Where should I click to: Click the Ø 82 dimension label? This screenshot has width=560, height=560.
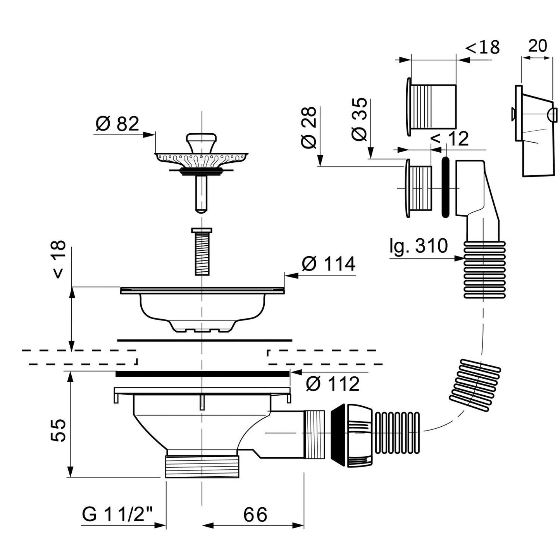pos(117,124)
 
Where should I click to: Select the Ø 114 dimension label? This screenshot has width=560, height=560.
pos(328,264)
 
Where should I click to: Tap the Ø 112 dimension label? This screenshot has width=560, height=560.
pos(332,384)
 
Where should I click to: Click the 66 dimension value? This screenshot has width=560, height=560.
pos(255,514)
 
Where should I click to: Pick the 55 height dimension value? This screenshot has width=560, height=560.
pos(59,430)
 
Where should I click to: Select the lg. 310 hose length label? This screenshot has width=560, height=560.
pos(419,246)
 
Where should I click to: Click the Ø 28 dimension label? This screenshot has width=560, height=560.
pos(309,128)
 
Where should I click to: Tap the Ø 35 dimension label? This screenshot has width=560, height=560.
pos(359,120)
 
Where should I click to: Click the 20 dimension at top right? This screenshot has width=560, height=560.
pos(538,46)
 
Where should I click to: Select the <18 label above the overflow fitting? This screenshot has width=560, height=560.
pos(482,48)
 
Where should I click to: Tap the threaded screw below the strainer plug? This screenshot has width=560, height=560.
pos(201,252)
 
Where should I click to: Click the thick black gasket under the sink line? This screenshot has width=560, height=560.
pos(202,374)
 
